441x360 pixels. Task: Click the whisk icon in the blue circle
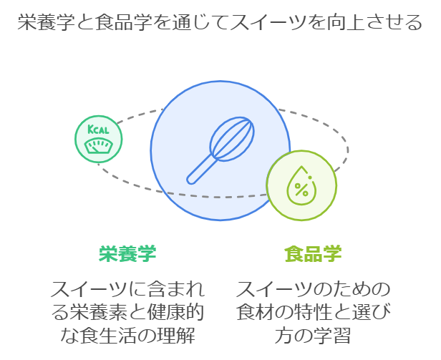click(220, 150)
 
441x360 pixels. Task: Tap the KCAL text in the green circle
click(98, 130)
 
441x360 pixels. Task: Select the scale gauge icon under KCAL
click(99, 146)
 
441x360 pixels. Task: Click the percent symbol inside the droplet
click(301, 189)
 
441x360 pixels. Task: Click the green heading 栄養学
click(127, 253)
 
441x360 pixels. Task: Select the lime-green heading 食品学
click(313, 253)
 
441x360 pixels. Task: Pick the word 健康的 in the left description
click(175, 312)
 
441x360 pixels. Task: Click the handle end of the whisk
click(191, 180)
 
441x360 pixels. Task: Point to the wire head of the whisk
click(232, 139)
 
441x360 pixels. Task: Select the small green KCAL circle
click(99, 139)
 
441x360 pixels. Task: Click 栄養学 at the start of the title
click(47, 22)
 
